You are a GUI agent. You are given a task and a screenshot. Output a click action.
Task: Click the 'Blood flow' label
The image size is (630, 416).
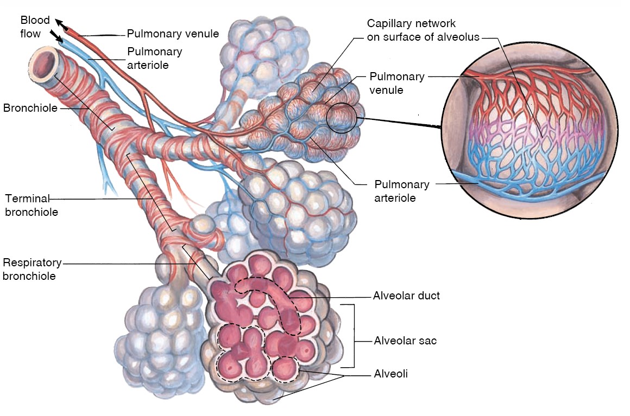35,27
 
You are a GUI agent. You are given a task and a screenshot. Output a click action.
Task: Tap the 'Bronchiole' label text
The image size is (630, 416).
30,108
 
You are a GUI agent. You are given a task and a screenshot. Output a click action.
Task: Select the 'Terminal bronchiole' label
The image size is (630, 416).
31,205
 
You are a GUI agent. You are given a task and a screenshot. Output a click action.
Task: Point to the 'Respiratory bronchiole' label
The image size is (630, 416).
32,270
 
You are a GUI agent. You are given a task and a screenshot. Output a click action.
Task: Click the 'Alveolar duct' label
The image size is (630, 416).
406,296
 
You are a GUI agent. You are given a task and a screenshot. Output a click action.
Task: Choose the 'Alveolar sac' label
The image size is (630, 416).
405,341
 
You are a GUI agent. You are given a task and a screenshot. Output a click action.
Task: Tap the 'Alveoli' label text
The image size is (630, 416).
390,374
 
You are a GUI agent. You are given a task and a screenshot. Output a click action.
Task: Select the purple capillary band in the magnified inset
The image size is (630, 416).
538,136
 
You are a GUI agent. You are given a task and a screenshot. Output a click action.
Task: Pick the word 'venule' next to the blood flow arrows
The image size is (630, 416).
201,34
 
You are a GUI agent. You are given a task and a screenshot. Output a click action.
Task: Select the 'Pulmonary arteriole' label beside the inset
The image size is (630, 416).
401,191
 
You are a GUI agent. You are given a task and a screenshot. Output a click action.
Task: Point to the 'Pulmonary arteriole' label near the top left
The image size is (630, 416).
154,59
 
